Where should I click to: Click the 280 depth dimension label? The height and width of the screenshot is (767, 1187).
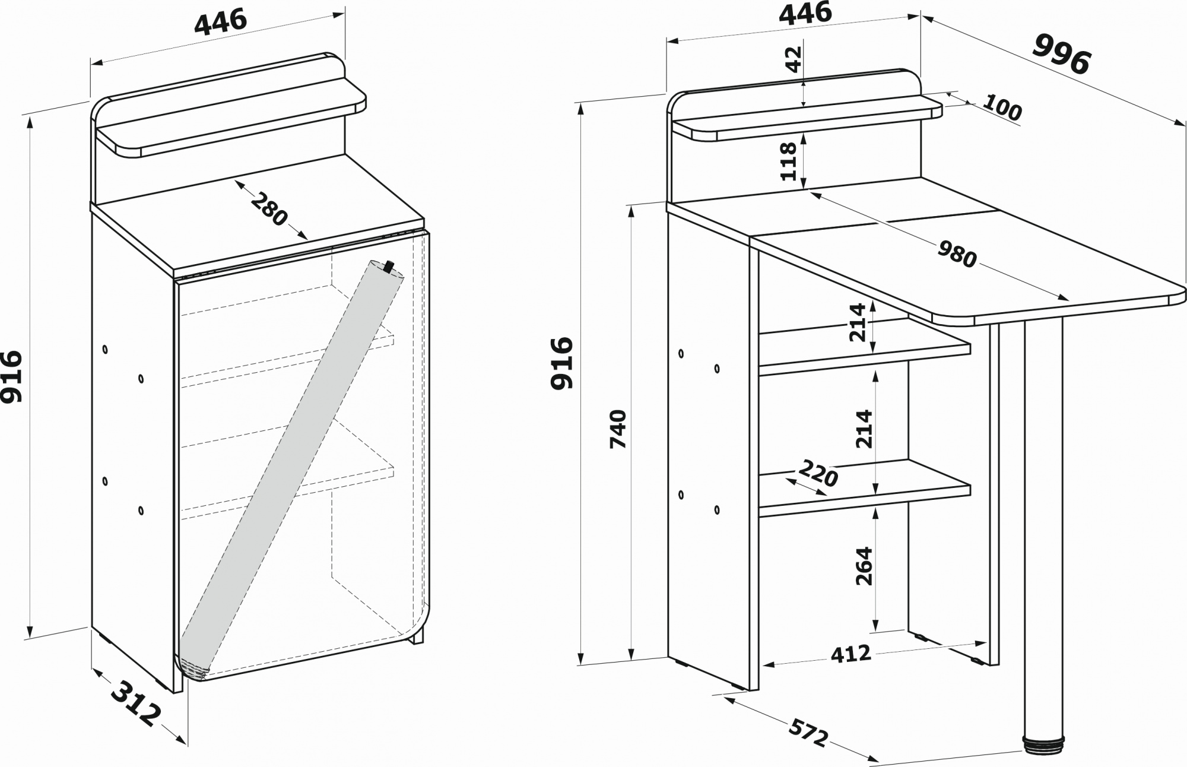[x=269, y=210]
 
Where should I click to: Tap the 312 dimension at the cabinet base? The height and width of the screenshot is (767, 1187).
[x=137, y=704]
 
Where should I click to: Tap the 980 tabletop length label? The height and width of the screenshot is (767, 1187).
[x=957, y=255]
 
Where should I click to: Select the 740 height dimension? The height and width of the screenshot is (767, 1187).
[x=618, y=429]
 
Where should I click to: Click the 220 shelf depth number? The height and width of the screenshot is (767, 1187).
[x=818, y=473]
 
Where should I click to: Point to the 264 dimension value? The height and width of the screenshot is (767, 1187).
[x=864, y=566]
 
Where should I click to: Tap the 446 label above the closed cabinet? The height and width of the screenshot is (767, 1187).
[x=220, y=23]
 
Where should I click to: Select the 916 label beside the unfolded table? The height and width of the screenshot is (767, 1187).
[x=562, y=363]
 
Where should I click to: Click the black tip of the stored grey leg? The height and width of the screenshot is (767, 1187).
[x=389, y=266]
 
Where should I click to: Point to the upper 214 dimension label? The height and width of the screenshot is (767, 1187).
[x=859, y=322]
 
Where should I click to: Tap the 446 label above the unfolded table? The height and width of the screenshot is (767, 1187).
[x=805, y=14]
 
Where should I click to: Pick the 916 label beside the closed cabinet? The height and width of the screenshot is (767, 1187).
[x=11, y=376]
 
